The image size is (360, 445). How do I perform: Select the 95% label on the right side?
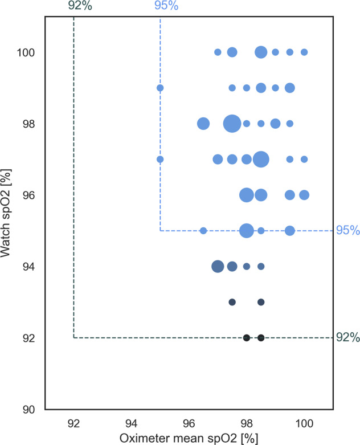tap(347, 231)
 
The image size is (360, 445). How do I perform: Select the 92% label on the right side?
tap(347, 338)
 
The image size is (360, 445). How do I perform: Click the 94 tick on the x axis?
tap(131, 422)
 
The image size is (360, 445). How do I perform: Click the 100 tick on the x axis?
tap(304, 422)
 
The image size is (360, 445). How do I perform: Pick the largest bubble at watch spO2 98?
tap(232, 124)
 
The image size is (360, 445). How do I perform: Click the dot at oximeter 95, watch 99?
tap(160, 88)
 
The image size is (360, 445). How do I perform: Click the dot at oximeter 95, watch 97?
tap(160, 159)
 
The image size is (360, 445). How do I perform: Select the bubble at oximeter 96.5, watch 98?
tap(203, 124)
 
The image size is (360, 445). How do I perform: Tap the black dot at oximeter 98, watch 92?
tap(247, 338)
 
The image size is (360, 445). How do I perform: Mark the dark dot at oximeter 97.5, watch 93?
tap(232, 302)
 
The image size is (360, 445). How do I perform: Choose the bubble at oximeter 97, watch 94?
tap(218, 266)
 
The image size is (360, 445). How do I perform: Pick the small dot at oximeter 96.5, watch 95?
tap(203, 231)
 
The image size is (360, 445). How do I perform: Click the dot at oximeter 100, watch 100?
tap(304, 52)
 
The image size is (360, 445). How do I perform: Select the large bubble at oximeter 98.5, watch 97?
tap(261, 159)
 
